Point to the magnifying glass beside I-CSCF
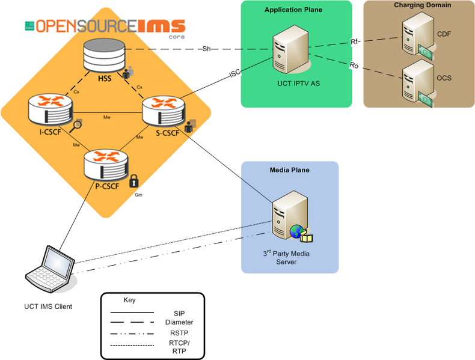[x=76, y=126]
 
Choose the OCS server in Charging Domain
[x=418, y=79]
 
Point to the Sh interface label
[x=206, y=49]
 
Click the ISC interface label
[x=234, y=74]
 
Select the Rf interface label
[x=355, y=42]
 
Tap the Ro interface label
[x=354, y=66]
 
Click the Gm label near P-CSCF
[x=138, y=195]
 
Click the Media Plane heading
[x=289, y=170]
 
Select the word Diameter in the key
[x=180, y=322]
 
